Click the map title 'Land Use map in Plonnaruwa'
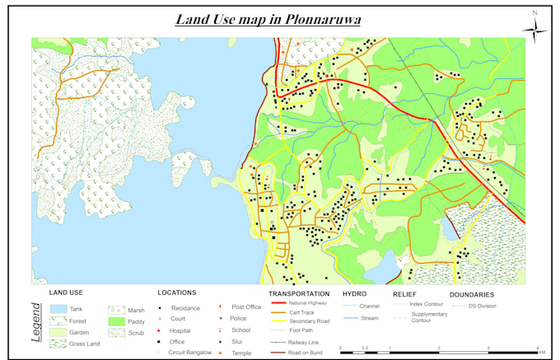pos(270,19)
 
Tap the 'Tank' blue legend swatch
pos(58,308)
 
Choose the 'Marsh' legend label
pos(136,310)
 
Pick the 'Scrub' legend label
pos(136,333)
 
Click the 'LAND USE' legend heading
pos(66,292)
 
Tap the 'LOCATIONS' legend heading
pos(176,292)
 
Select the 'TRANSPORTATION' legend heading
pos(299,293)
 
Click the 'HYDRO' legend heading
pos(354,293)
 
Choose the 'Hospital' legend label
pos(180,330)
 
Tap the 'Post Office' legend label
pos(246,307)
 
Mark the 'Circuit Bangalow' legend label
pos(189,353)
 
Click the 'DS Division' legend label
pos(483,306)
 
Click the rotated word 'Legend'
pos(36,322)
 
